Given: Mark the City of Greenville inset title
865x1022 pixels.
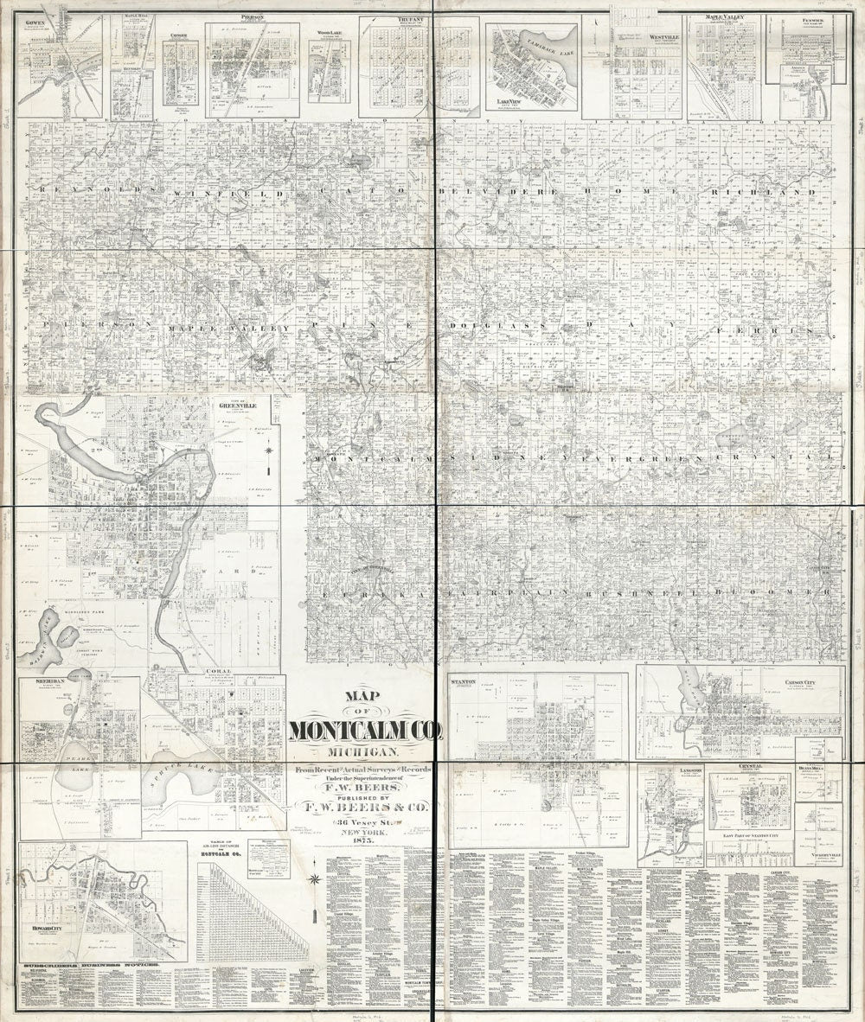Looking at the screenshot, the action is [235, 402].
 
